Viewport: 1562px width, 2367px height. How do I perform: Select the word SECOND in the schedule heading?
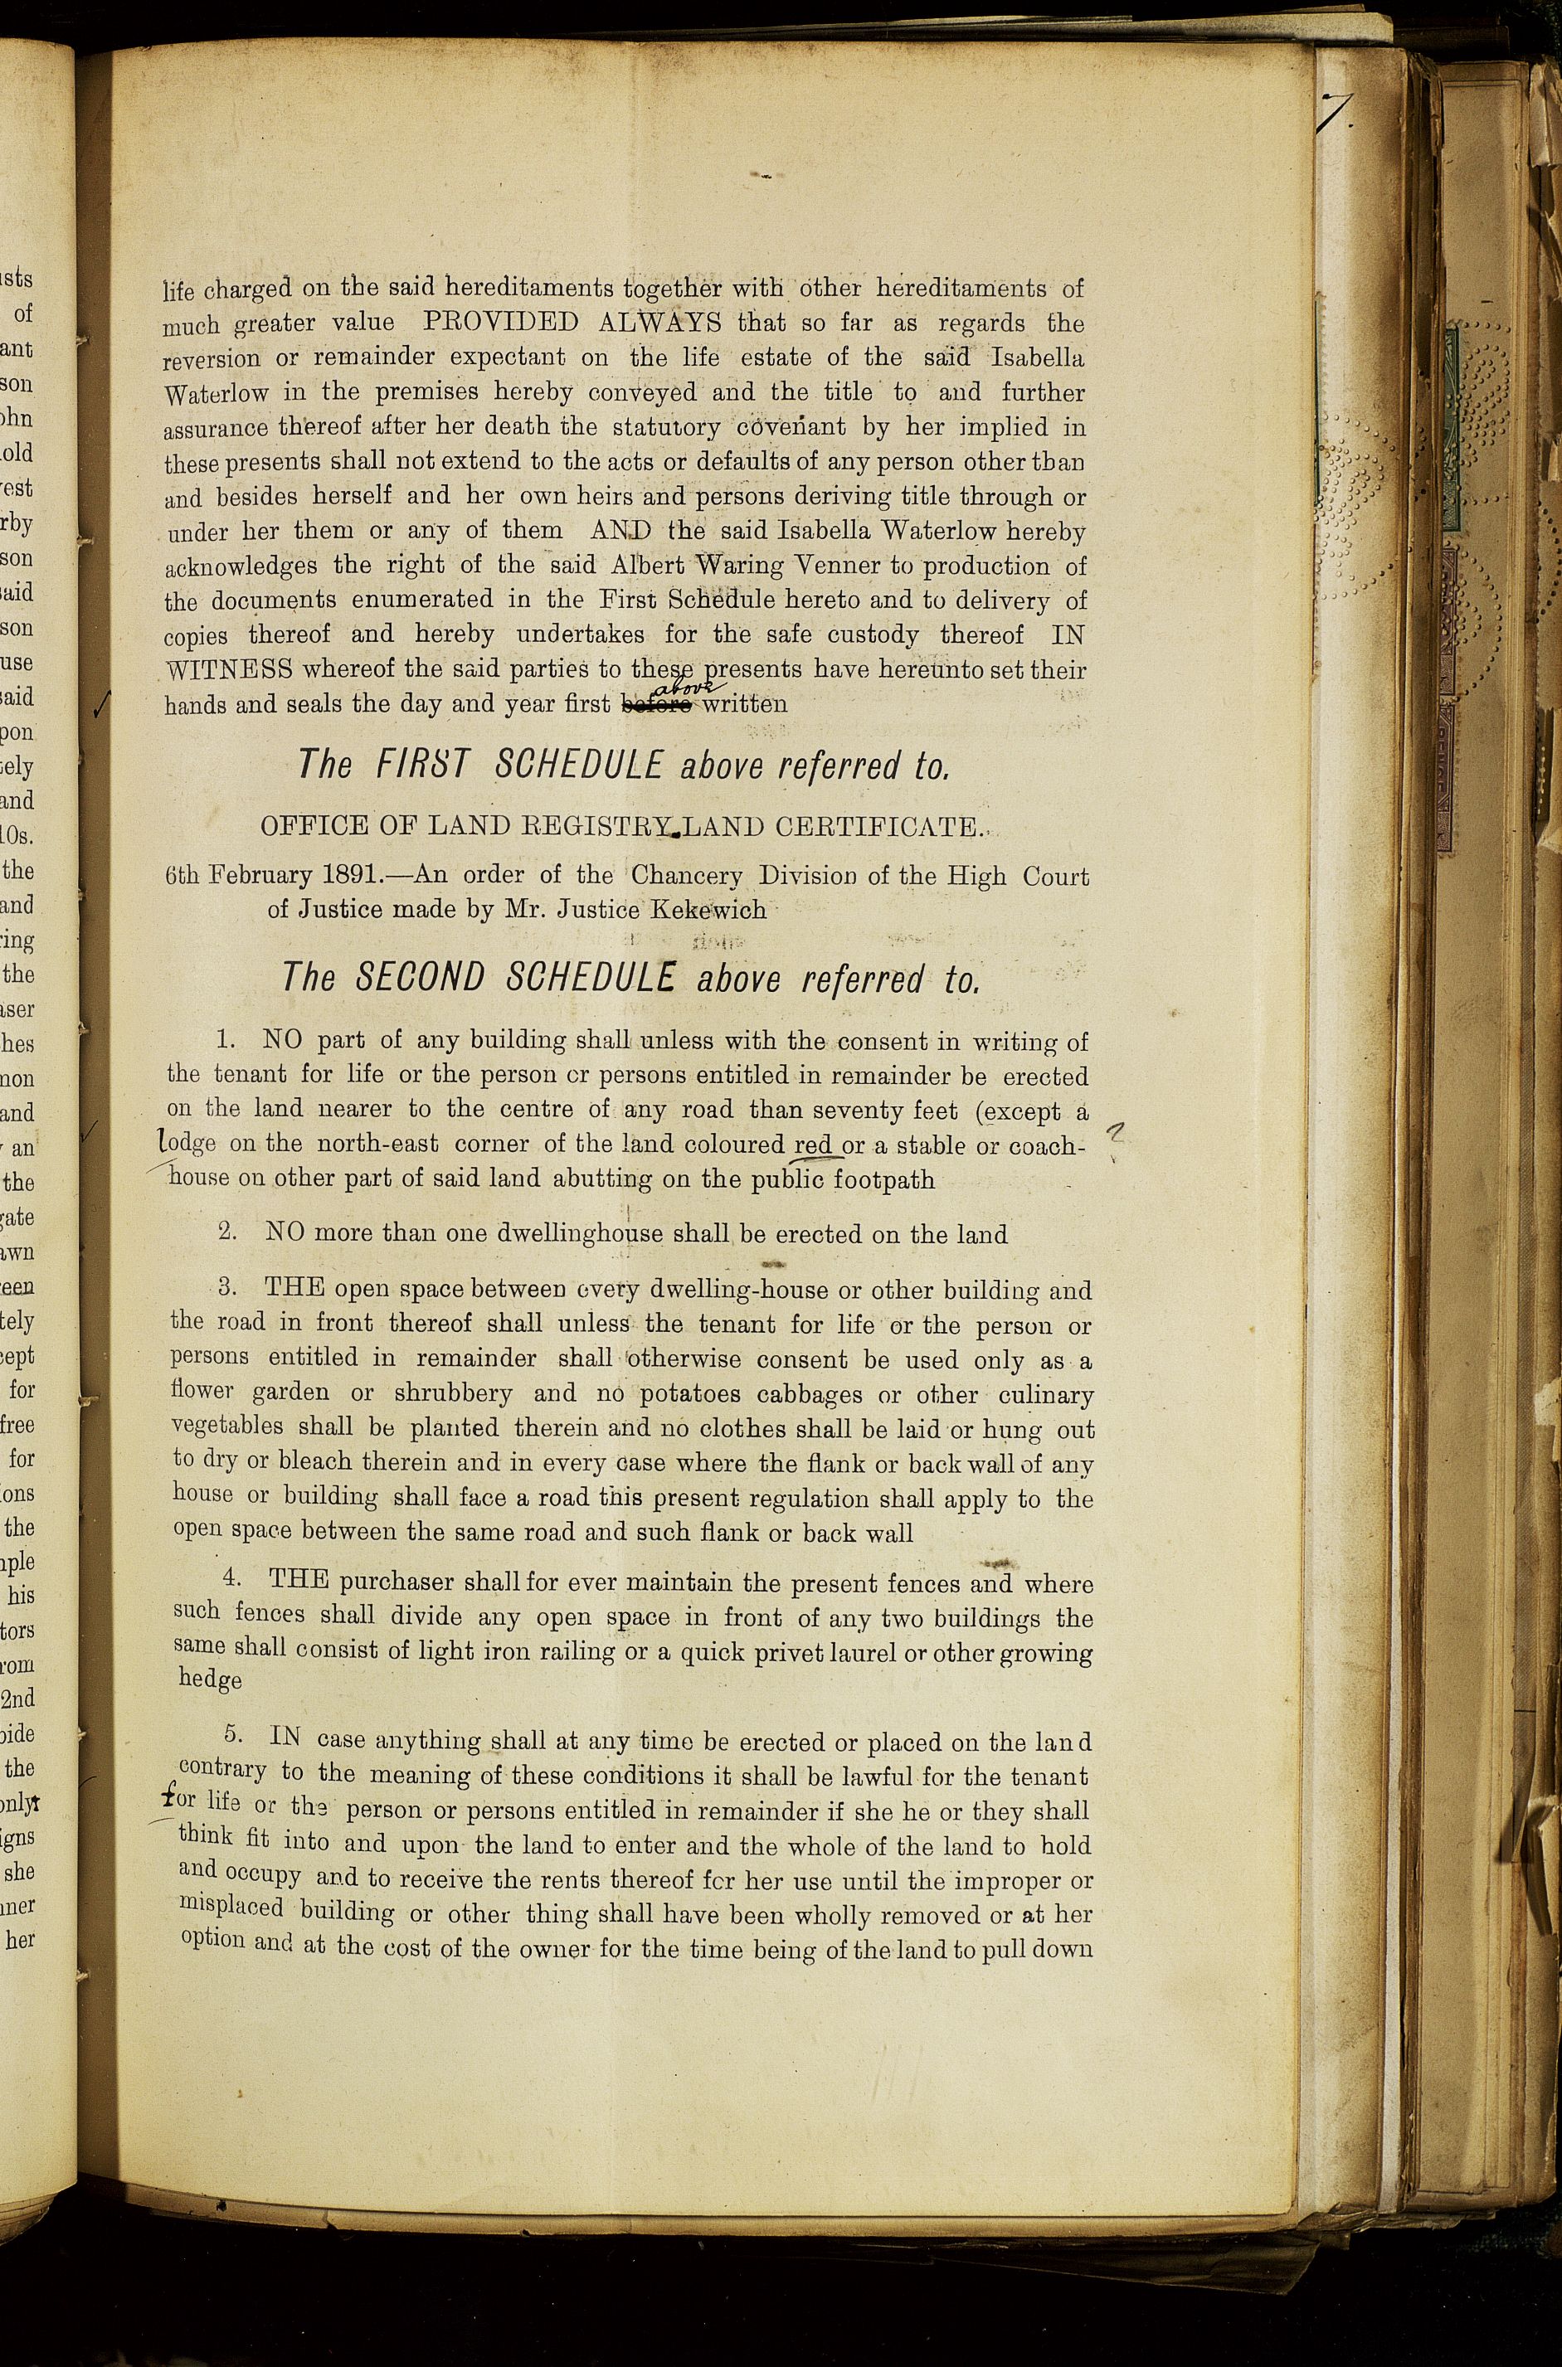[420, 977]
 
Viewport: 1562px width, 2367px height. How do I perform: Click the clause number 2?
[228, 1232]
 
